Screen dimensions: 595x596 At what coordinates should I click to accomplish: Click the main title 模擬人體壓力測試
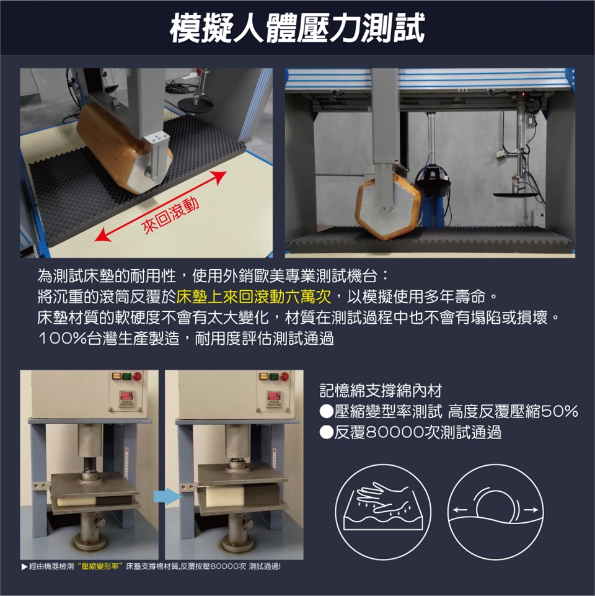pos(297,27)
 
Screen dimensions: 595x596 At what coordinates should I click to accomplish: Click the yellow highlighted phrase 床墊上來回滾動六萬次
pos(254,297)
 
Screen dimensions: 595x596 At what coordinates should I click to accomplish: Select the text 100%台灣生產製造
pos(108,338)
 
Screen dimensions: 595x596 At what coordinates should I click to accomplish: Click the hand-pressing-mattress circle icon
pos(383,512)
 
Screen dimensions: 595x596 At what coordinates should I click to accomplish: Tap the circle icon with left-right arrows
pos(495,512)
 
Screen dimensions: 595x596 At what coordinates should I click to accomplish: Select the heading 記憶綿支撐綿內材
pos(381,390)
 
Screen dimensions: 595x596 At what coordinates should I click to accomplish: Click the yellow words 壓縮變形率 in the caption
pos(100,567)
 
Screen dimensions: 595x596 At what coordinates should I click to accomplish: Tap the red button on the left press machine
pos(137,376)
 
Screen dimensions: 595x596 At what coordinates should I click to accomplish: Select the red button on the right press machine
pos(284,376)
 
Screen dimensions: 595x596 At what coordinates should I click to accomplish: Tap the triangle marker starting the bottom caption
pos(24,567)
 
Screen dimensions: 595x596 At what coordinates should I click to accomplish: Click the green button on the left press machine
pos(126,376)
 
